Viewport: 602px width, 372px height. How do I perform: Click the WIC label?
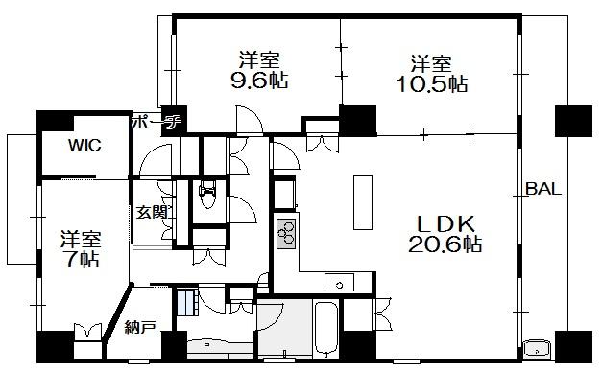point(84,145)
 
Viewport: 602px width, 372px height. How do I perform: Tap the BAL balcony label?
point(543,189)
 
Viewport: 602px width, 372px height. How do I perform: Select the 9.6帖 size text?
point(259,81)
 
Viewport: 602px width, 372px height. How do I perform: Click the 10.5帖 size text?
point(431,83)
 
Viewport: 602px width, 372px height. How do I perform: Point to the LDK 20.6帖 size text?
point(445,244)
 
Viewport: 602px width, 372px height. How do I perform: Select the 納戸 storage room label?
point(140,327)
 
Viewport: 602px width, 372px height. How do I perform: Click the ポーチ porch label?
point(156,122)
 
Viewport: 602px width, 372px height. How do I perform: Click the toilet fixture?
point(208,194)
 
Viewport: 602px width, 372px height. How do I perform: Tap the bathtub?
point(326,329)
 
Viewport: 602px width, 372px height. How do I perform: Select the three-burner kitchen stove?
point(286,234)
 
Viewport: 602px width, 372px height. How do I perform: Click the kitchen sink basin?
point(339,282)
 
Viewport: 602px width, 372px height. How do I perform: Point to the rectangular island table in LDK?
point(363,202)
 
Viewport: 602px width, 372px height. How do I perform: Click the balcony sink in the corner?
point(537,349)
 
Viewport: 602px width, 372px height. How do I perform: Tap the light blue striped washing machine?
point(187,302)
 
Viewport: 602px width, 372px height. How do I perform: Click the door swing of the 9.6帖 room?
point(250,120)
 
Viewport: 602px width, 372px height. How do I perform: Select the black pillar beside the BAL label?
point(573,121)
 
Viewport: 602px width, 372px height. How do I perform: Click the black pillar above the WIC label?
point(55,121)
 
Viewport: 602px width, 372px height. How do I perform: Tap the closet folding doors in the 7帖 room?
point(88,331)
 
